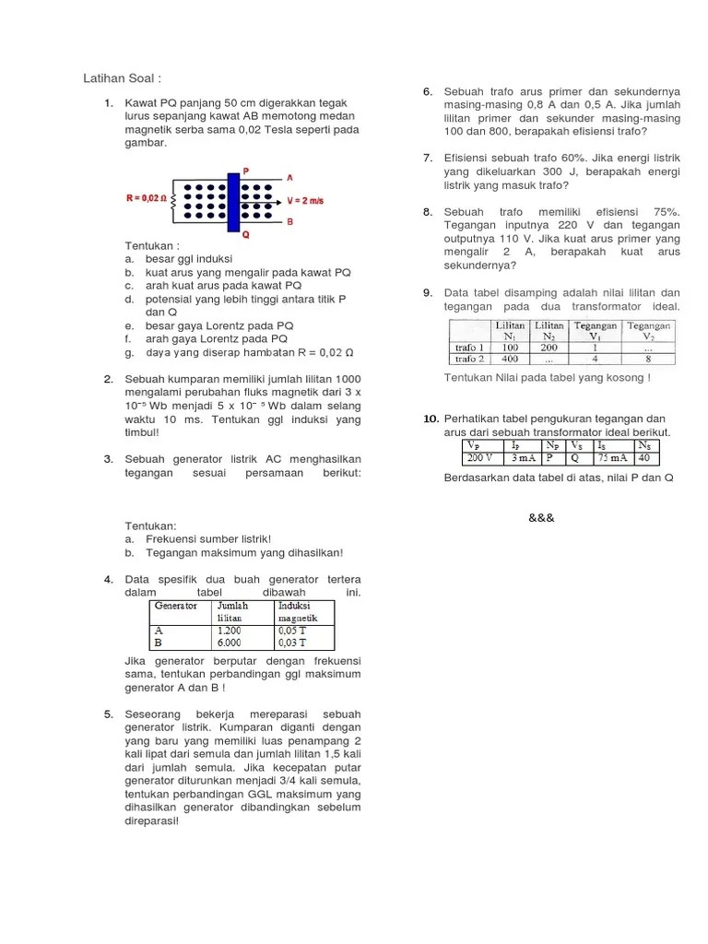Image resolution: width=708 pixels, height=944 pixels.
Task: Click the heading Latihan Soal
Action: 122,77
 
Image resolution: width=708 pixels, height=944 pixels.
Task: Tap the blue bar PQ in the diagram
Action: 233,201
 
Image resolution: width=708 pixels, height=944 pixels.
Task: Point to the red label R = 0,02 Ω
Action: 146,198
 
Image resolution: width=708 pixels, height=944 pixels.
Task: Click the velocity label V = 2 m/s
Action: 310,199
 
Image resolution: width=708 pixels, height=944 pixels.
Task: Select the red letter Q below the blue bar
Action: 245,235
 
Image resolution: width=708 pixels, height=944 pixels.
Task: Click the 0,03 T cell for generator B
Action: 293,643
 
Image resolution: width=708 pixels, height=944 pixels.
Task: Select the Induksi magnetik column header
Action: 299,611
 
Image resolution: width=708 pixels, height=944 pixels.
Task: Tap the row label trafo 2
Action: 469,360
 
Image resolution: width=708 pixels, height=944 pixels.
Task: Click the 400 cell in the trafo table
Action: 510,360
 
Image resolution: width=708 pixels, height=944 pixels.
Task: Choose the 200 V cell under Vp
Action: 479,457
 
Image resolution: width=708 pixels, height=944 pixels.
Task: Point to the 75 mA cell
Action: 614,457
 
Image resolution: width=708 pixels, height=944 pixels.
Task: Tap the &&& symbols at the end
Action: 541,517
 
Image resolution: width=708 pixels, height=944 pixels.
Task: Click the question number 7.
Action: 428,158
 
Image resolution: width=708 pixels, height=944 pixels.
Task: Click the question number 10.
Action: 430,419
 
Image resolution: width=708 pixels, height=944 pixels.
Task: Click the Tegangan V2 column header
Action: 650,331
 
